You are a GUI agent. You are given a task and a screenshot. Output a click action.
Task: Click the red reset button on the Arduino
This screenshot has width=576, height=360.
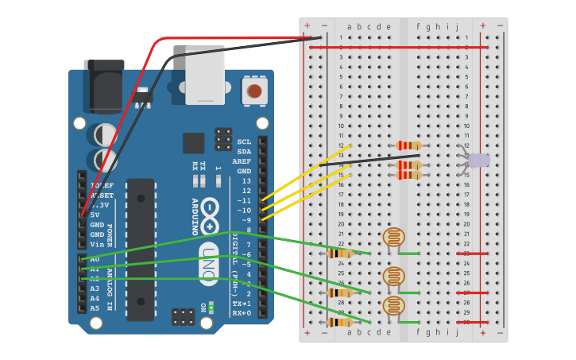click(254, 91)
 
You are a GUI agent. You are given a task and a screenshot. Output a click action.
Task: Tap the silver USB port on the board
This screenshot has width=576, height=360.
click(205, 75)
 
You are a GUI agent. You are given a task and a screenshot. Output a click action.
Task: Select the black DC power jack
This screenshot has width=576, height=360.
click(104, 86)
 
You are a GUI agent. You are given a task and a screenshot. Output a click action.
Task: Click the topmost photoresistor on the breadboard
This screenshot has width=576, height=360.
click(393, 237)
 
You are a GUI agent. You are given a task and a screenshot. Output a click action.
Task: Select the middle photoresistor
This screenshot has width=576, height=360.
click(393, 277)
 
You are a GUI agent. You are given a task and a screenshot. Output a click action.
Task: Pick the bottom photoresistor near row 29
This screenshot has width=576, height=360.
click(393, 306)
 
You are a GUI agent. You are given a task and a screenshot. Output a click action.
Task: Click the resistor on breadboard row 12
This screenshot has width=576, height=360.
click(408, 145)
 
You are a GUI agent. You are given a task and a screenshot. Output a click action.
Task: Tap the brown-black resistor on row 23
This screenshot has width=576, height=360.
click(340, 254)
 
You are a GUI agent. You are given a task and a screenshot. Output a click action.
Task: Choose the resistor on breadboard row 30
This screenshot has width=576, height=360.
click(340, 322)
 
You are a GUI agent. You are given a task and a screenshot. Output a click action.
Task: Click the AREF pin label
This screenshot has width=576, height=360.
click(242, 161)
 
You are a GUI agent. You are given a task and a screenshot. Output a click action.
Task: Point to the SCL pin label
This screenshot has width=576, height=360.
click(244, 142)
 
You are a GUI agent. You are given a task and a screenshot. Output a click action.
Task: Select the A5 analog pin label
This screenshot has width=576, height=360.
click(95, 308)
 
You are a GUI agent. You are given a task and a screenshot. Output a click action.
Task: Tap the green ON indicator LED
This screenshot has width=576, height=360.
click(211, 307)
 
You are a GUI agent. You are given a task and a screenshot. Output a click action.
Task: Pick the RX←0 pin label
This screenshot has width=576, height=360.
click(242, 313)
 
